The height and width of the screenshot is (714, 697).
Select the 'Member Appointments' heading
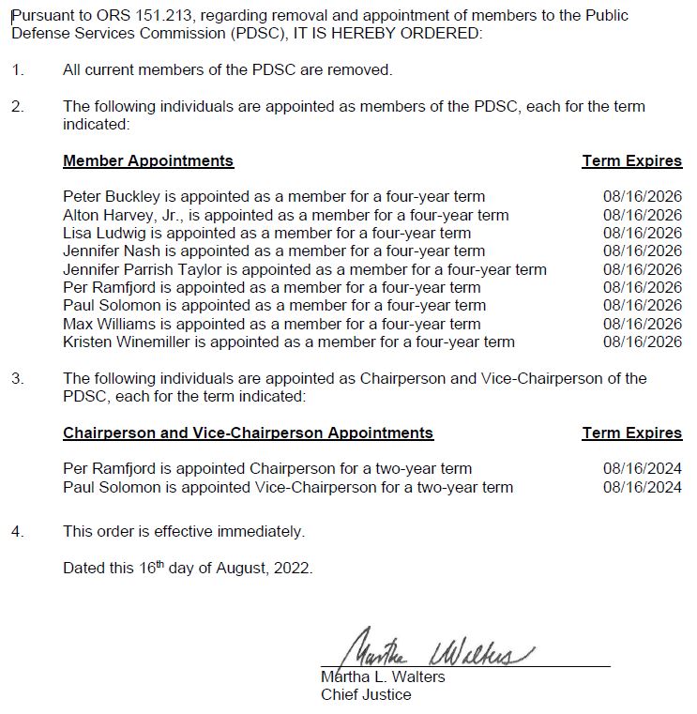[148, 160]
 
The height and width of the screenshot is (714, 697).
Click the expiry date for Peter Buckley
[643, 197]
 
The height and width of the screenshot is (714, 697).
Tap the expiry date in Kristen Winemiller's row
[643, 342]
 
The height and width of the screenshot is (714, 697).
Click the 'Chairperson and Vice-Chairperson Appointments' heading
[248, 433]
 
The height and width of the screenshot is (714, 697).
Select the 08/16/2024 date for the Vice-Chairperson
[643, 487]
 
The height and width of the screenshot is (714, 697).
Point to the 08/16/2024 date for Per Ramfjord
[643, 468]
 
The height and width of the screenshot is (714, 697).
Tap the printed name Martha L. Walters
[383, 677]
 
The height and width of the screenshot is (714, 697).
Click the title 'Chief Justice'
[366, 695]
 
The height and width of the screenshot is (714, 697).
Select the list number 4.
[16, 531]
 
